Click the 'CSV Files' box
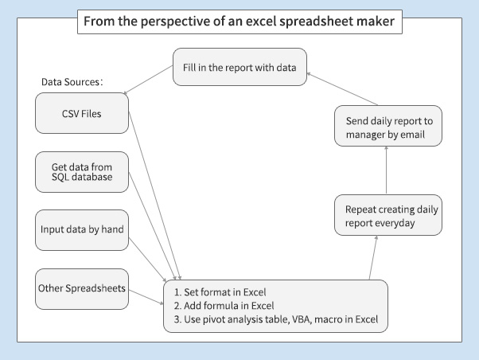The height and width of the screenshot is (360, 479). pos(82,113)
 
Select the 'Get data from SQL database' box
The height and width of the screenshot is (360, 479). pos(82,172)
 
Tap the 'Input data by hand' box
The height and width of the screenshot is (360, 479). pos(82,230)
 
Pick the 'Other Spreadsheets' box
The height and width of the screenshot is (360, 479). pos(82,289)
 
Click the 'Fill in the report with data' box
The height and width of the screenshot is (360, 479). pos(240,67)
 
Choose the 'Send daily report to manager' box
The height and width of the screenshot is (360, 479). pos(388,126)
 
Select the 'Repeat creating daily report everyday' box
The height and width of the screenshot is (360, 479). pos(388,215)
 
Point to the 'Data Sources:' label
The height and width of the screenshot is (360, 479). pos(72,82)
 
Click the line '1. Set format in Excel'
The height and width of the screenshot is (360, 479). pos(220,292)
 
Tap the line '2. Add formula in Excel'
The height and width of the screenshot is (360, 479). pos(224,306)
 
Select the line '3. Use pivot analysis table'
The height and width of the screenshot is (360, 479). pos(276,319)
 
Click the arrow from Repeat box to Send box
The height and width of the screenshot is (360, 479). pos(387,170)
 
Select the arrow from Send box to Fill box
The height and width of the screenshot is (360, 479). pos(342,88)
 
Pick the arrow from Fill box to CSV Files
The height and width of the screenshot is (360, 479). pos(148,80)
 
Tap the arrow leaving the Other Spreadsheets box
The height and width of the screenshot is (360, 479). pos(146,297)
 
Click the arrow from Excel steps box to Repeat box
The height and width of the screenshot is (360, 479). pos(373,257)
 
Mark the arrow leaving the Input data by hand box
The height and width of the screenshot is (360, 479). pos(147,260)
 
